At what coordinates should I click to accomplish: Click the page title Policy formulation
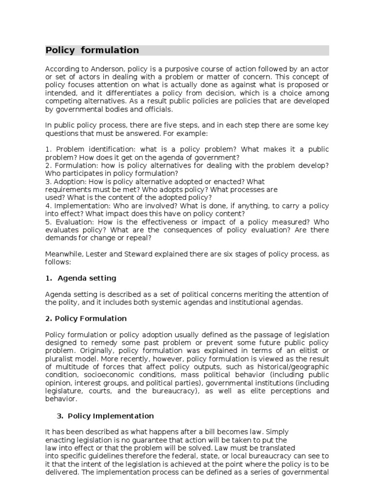tap(93, 50)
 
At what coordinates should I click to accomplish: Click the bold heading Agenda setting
tap(87, 278)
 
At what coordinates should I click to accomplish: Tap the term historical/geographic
tap(290, 366)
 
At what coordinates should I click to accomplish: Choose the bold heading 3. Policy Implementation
tap(105, 416)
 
